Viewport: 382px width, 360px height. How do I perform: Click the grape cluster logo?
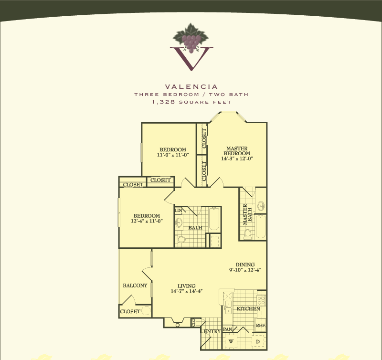[191, 39]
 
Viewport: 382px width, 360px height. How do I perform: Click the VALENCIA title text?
[191, 87]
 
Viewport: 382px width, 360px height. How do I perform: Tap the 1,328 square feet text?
[191, 102]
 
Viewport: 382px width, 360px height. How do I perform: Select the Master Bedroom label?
[237, 151]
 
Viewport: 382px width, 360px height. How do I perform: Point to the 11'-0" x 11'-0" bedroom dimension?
[173, 155]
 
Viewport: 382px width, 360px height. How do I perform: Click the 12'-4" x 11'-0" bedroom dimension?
[147, 221]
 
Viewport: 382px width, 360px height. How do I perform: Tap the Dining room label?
[245, 265]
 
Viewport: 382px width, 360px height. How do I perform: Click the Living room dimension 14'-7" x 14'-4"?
[187, 291]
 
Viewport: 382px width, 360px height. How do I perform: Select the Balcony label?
[135, 286]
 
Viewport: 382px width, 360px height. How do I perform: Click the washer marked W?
[231, 341]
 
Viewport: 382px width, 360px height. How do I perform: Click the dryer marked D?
[258, 341]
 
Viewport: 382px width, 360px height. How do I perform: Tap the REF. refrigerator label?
[260, 326]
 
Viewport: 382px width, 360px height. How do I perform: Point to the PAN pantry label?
[228, 329]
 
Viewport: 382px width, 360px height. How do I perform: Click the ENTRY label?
[212, 331]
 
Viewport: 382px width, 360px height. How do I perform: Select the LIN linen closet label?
[178, 211]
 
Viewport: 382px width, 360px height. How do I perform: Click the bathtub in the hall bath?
[214, 219]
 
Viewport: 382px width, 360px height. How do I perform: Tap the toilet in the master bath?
[247, 234]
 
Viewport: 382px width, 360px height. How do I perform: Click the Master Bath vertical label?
[247, 214]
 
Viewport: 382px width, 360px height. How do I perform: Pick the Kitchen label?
[248, 309]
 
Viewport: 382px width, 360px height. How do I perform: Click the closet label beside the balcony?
[130, 311]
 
